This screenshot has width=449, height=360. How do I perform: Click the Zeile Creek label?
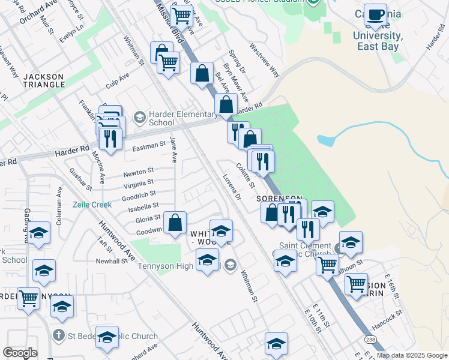[92, 204]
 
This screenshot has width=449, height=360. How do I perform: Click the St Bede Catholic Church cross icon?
[58, 335]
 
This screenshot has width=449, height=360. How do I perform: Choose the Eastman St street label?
[149, 145]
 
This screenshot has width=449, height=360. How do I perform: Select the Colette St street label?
[246, 175]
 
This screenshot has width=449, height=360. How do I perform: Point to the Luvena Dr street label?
[231, 187]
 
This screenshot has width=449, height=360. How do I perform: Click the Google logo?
[20, 353]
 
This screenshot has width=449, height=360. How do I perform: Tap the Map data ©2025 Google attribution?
[412, 355]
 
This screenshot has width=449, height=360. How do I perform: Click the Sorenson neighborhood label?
[279, 198]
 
